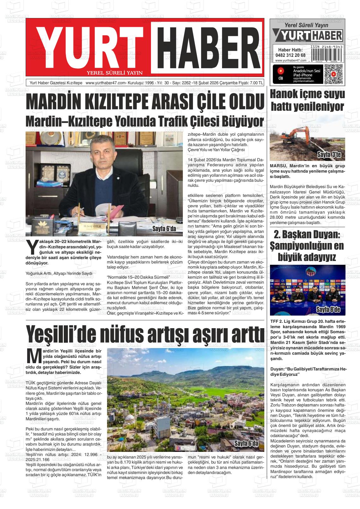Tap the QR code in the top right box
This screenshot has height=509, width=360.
[x=333, y=74]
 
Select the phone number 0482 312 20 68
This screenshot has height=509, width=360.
[x=290, y=55]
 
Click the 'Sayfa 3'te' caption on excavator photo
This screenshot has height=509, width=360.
[x=331, y=155]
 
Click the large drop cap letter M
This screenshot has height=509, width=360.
[x=33, y=356]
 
